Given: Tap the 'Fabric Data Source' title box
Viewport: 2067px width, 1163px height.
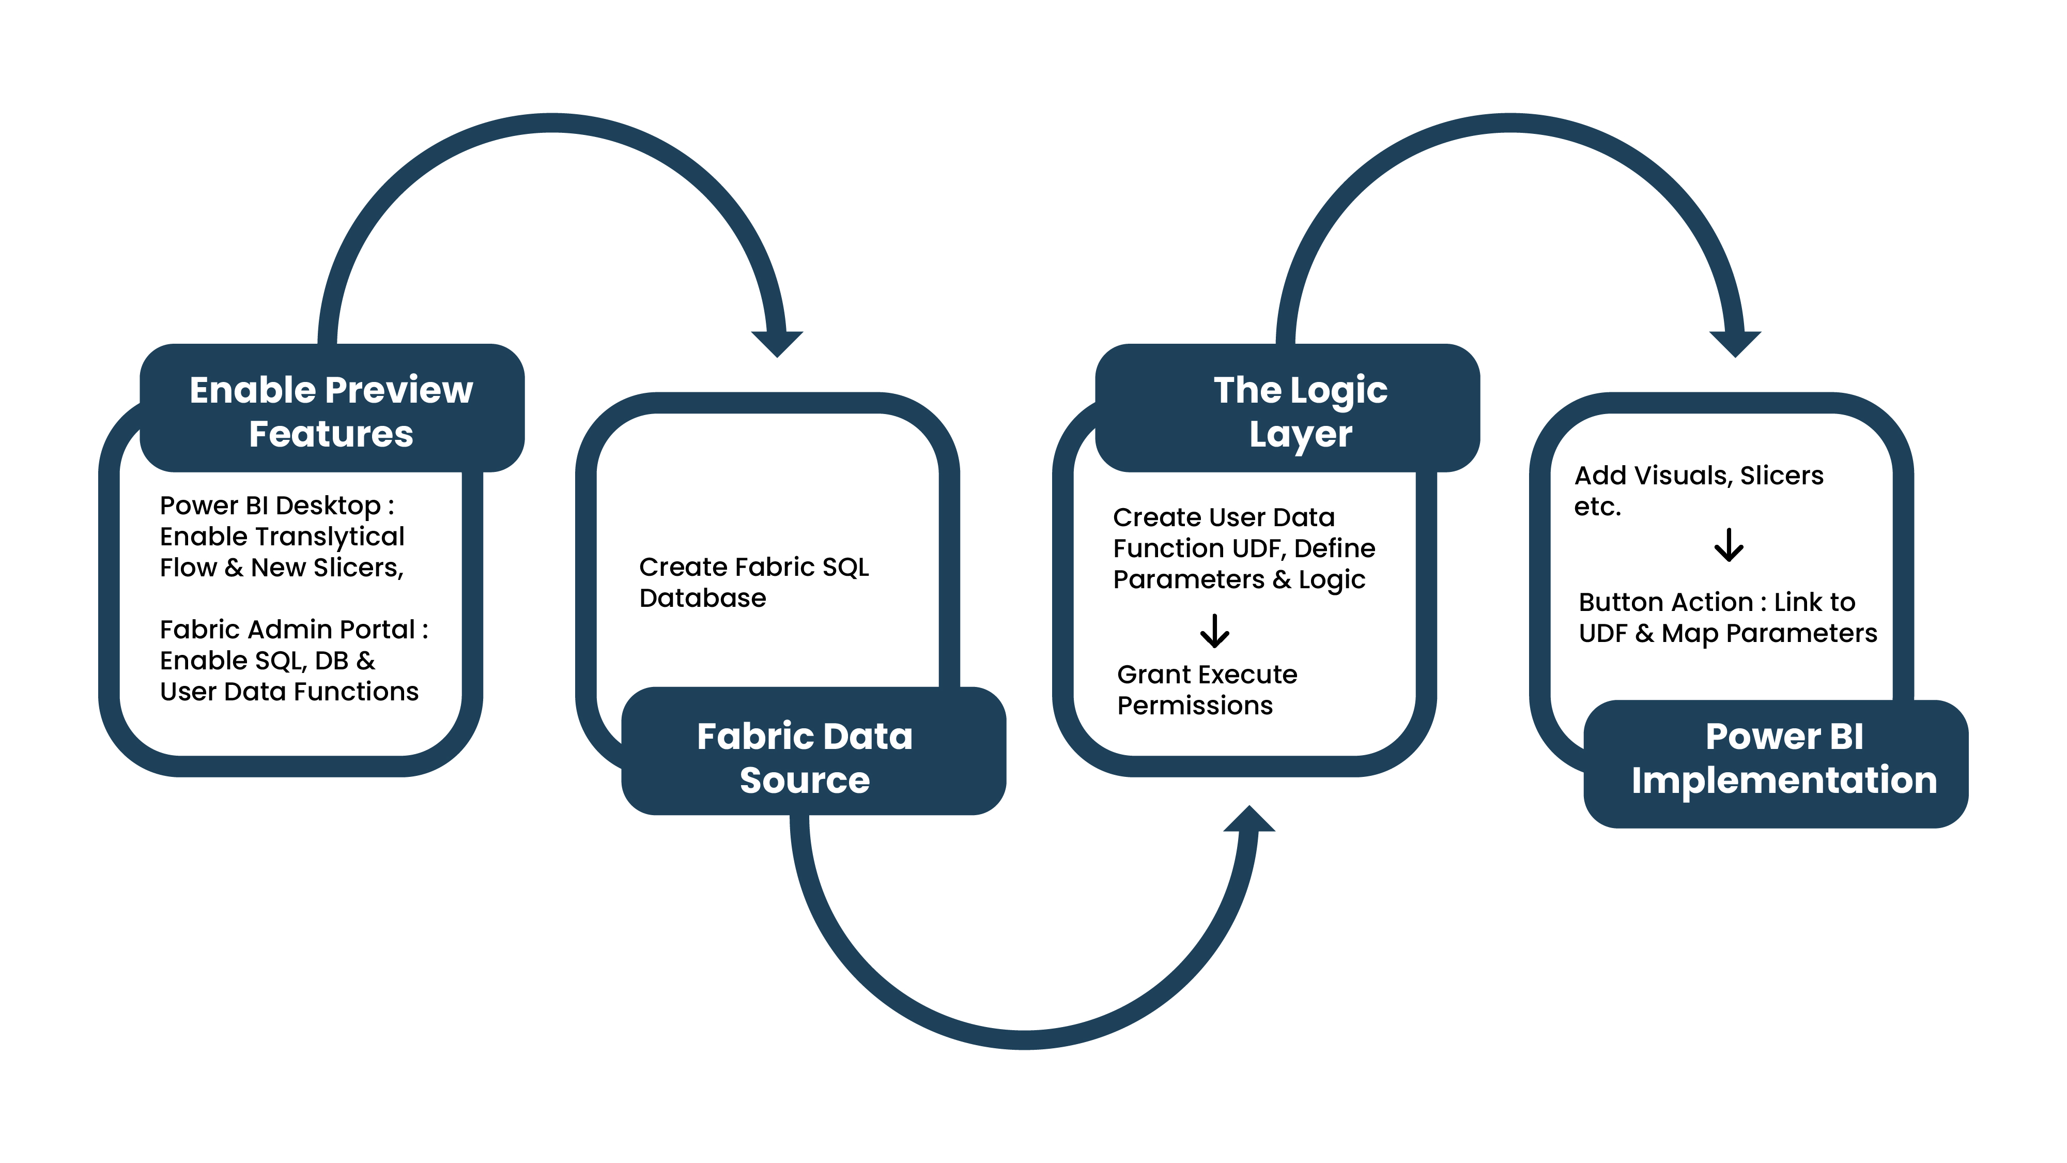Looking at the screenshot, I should [x=805, y=757].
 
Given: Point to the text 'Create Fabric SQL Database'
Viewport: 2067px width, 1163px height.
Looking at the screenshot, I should [x=753, y=583].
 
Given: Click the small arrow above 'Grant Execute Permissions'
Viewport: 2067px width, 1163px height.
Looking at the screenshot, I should [x=1215, y=631].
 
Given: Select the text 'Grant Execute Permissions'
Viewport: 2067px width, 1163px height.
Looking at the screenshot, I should [x=1206, y=690].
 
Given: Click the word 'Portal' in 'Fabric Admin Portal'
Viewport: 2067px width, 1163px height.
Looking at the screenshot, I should [x=377, y=630].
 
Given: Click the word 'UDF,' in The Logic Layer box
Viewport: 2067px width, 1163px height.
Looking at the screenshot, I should [x=1260, y=549].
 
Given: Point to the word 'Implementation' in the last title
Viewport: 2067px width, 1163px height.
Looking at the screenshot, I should [x=1784, y=780].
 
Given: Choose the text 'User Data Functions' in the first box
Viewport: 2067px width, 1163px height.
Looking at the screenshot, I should [x=289, y=692].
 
